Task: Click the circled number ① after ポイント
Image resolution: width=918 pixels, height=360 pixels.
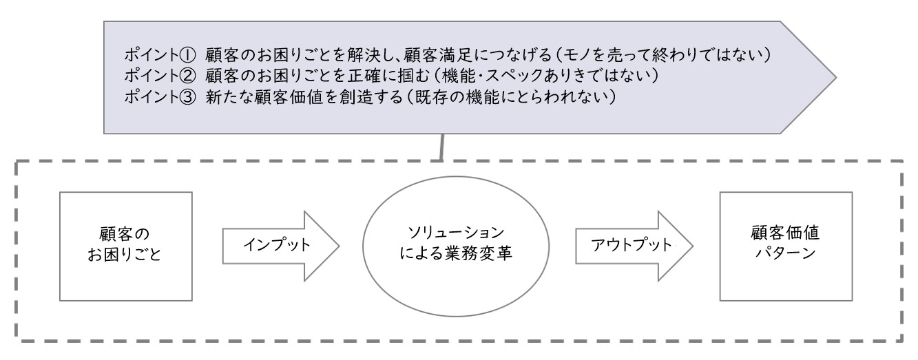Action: (x=188, y=55)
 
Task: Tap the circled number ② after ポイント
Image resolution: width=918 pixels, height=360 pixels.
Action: (x=188, y=76)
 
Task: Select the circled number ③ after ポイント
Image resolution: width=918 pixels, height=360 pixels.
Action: (x=188, y=97)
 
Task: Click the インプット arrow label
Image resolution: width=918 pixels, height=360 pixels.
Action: (x=277, y=245)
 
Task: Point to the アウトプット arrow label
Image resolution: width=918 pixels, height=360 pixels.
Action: (x=632, y=245)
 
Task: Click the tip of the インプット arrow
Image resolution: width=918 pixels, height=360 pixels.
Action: (x=340, y=246)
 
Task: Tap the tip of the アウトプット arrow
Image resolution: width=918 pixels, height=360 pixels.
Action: (x=693, y=246)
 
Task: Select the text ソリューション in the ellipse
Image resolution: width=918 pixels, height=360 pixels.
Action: (x=456, y=233)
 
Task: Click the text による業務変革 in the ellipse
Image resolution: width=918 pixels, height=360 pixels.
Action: (x=456, y=253)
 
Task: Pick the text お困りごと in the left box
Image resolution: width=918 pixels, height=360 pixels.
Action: (x=125, y=254)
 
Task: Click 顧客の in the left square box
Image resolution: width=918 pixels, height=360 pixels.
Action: (x=125, y=234)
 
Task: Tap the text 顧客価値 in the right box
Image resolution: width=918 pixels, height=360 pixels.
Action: (x=785, y=233)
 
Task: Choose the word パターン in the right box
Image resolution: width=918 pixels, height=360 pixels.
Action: (x=785, y=253)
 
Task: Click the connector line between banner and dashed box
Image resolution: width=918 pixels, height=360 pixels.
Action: (x=442, y=147)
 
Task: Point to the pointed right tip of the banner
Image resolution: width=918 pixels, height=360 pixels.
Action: (x=836, y=77)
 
